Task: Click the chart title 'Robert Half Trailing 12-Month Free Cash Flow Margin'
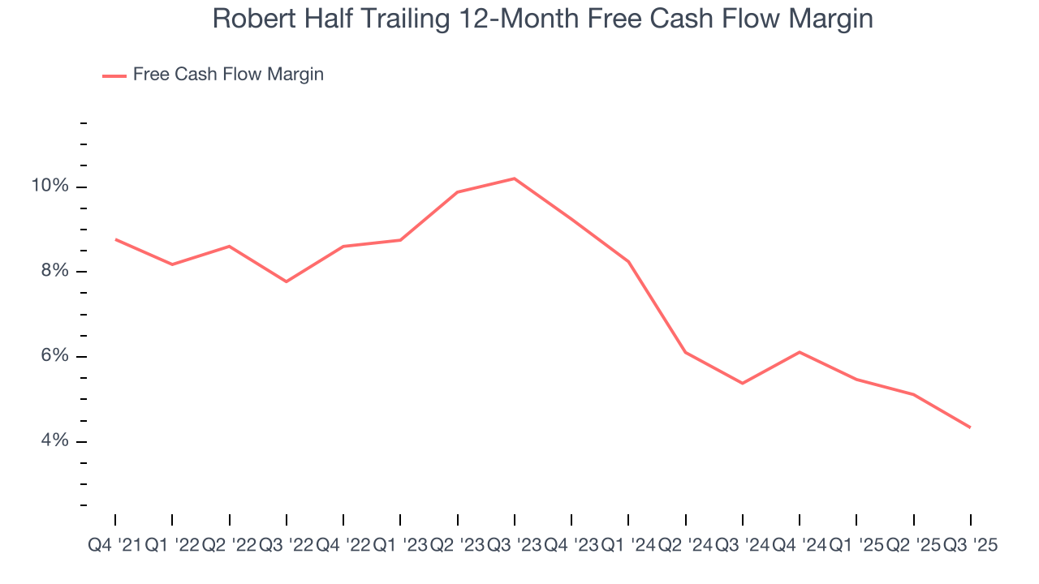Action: point(542,19)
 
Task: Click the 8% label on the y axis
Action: point(54,272)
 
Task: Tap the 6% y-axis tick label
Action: point(54,357)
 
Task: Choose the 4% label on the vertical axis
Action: point(54,441)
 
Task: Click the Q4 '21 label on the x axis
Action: point(114,546)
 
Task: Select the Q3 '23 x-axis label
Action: point(515,546)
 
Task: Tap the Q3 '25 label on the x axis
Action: point(971,546)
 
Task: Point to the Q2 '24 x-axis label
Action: point(686,546)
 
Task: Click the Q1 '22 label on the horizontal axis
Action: point(172,546)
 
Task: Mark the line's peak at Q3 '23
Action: point(515,178)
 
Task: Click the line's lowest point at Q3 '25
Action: point(971,427)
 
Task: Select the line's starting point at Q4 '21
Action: point(115,239)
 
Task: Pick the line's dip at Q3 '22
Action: point(287,281)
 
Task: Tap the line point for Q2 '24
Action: point(686,352)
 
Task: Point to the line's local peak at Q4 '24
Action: point(800,352)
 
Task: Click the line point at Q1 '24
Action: point(629,261)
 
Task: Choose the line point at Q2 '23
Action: point(458,192)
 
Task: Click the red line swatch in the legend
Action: point(114,75)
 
